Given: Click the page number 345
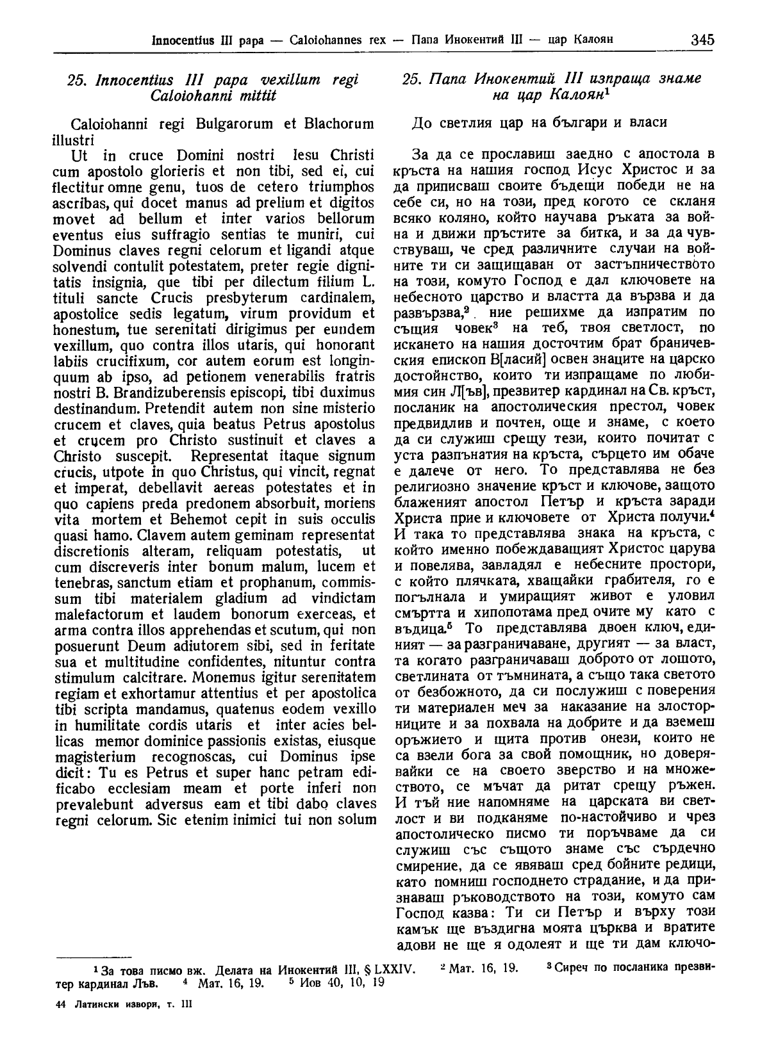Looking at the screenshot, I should (x=702, y=40).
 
